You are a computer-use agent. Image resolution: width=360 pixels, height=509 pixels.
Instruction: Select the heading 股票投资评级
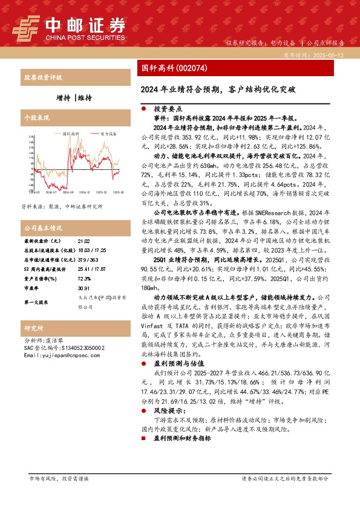point(42,78)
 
